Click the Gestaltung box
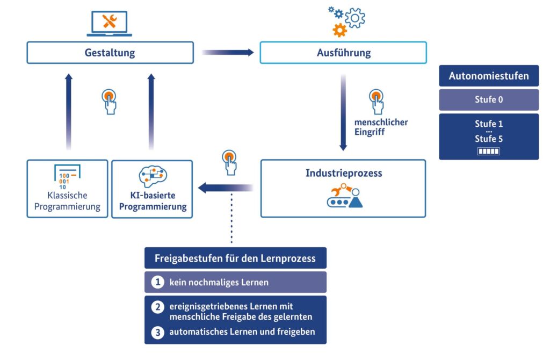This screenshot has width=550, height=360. coord(110,53)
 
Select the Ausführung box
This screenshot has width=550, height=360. coord(343,53)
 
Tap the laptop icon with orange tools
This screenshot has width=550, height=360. coord(110,24)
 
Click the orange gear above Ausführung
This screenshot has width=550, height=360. coord(339,30)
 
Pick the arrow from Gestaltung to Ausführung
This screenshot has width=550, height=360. coord(228,53)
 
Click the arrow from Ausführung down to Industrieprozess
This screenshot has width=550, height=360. coord(343,112)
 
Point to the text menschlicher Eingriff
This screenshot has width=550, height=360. coord(381,127)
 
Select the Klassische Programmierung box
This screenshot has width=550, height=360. coord(67,189)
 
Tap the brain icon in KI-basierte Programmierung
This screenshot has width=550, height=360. coord(153,176)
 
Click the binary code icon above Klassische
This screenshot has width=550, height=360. coord(67,177)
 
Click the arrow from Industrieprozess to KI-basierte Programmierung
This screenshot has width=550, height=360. coord(226,188)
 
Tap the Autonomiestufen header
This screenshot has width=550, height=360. coord(489,76)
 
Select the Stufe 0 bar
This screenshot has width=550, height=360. coord(489,99)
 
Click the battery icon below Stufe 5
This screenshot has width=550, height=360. coord(489,151)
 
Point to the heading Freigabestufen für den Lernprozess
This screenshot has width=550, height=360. coord(235,258)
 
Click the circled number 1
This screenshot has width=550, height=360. coord(158,282)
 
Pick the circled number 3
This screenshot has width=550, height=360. coord(158,332)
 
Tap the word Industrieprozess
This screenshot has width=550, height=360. coord(344,173)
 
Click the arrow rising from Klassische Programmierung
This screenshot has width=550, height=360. coord(69,112)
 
